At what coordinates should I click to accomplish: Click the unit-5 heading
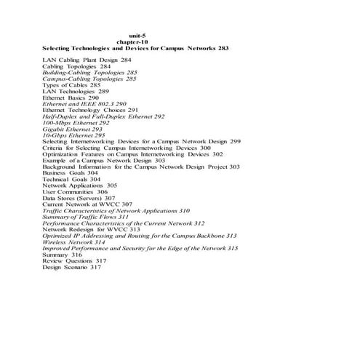point(137,35)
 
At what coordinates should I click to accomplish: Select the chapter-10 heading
point(137,41)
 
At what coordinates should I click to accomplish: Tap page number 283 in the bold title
point(223,48)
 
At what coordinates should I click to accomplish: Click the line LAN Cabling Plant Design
point(87,60)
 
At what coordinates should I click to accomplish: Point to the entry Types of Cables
point(71,85)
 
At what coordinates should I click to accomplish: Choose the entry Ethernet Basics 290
point(76,98)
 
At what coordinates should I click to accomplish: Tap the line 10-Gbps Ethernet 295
point(73,135)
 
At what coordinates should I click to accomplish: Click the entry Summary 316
point(62,255)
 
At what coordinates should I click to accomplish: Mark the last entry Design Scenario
point(71,268)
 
